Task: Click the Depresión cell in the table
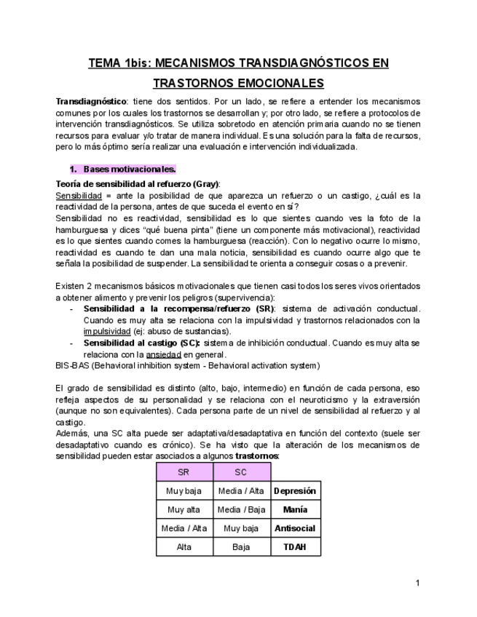(x=296, y=491)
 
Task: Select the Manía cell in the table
(x=296, y=510)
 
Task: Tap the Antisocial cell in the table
(x=296, y=529)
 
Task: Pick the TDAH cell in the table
(x=296, y=547)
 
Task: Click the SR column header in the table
(x=184, y=472)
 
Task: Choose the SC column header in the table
(x=241, y=472)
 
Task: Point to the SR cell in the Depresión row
(x=184, y=491)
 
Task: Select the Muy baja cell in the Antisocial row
(x=241, y=529)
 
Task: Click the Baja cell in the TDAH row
(x=241, y=547)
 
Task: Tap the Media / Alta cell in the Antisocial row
(x=184, y=529)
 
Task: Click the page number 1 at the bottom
(x=418, y=583)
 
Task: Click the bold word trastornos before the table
(x=256, y=456)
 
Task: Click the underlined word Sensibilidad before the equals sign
(x=76, y=196)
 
